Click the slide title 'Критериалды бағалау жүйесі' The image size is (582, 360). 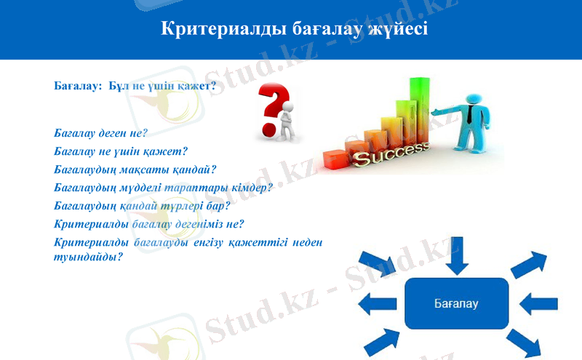(294, 30)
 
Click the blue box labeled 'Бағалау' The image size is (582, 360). (456, 302)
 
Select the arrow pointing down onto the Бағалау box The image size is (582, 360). (456, 255)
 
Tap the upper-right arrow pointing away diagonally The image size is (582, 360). (529, 263)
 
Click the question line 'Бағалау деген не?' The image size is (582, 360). (101, 134)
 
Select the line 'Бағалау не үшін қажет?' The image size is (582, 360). (121, 152)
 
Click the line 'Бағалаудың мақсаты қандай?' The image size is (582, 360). (135, 170)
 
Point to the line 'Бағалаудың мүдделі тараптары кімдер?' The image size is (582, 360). (163, 188)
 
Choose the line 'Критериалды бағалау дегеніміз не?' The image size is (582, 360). (149, 224)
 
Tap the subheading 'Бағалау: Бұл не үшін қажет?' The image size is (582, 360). (135, 86)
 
